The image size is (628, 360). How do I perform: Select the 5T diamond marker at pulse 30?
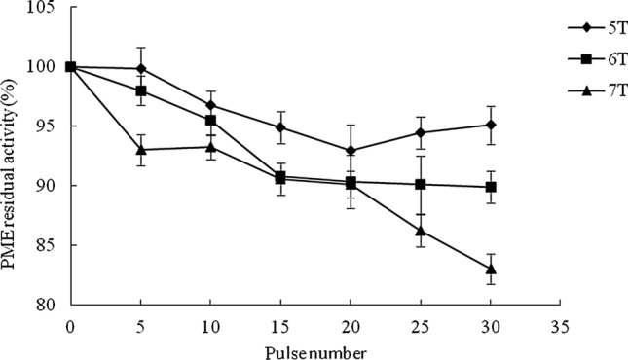490,125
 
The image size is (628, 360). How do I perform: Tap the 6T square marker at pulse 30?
490,187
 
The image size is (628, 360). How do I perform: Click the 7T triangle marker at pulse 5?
141,150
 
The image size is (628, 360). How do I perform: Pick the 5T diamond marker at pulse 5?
141,69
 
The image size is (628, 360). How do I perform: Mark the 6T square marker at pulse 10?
210,121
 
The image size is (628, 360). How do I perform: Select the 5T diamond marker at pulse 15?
280,127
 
